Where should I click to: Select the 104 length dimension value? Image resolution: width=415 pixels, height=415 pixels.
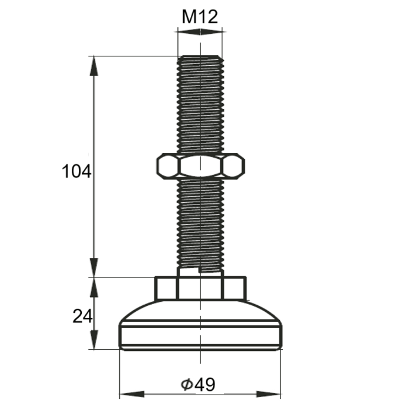(x=76, y=172)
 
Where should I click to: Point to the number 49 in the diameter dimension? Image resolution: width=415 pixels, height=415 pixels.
(x=205, y=385)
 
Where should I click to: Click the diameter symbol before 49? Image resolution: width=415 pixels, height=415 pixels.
(x=186, y=385)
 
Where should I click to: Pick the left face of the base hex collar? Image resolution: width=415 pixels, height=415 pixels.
(x=167, y=288)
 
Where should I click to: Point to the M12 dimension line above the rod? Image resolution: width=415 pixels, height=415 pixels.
(x=200, y=33)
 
